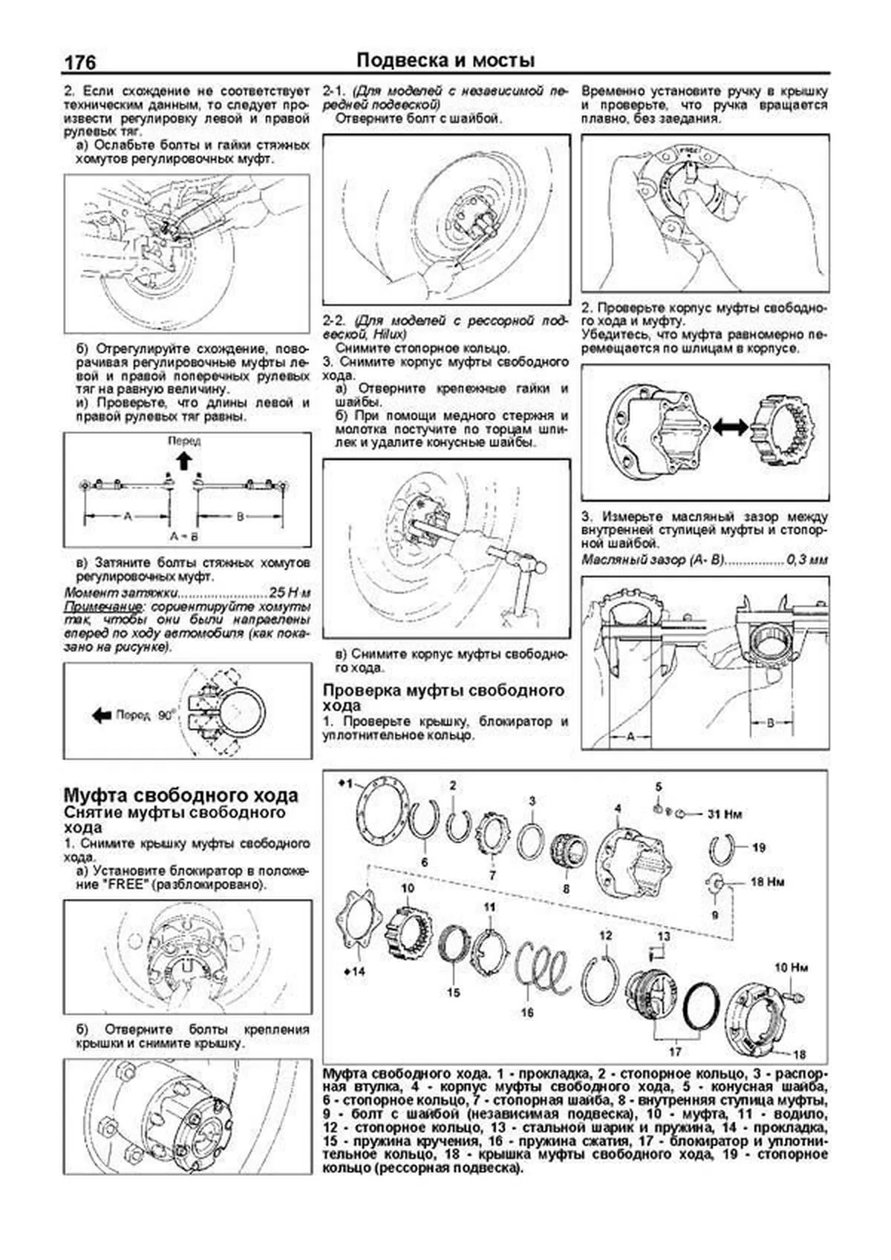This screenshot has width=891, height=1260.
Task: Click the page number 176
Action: (x=80, y=62)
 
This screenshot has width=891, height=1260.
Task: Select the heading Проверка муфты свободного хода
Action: (x=444, y=698)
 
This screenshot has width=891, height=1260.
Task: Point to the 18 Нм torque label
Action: (x=767, y=882)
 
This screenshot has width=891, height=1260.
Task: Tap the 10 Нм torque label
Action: (x=792, y=968)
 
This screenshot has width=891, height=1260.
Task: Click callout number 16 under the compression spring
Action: (x=526, y=1012)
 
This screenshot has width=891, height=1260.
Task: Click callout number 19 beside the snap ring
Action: (x=758, y=847)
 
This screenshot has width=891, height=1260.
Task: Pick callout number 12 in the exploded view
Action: (x=605, y=935)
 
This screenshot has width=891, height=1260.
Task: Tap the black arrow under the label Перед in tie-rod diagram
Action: (x=184, y=460)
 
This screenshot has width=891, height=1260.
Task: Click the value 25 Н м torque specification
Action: (x=290, y=594)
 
